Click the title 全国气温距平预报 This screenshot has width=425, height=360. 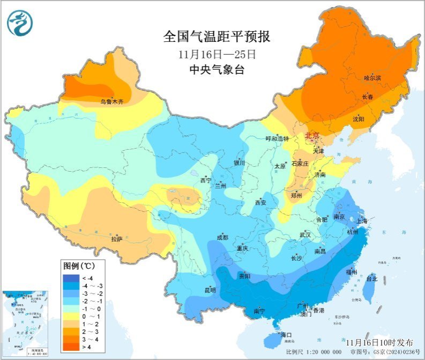217,37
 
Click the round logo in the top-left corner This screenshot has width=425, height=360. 20,23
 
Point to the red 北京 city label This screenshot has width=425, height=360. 312,135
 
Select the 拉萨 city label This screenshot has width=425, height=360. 117,239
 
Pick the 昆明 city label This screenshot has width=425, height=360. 210,290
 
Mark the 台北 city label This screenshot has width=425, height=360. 371,279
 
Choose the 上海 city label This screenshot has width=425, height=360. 362,221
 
